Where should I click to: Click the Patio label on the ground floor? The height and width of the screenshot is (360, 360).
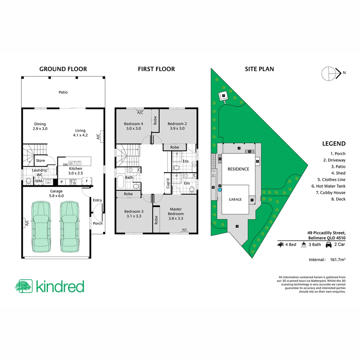coord(63,92)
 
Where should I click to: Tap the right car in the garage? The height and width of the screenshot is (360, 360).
coord(70,227)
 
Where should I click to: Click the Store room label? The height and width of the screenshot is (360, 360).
coord(40,161)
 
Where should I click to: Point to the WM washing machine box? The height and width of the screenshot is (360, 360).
coord(39,181)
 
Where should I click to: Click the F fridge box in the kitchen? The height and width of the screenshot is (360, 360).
coord(87,182)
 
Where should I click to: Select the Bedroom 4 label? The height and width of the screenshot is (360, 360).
coord(133,126)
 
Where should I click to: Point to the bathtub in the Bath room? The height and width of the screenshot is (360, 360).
coord(120,182)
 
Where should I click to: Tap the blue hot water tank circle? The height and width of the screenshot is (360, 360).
coord(220,190)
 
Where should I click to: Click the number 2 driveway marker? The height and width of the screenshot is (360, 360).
coord(237,227)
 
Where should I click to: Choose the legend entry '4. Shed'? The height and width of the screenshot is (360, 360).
coord(338,173)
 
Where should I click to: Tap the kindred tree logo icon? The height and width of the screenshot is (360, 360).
coord(23,286)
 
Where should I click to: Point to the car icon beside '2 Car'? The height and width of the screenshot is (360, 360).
coord(328,245)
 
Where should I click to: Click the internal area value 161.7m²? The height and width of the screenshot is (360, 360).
coord(337,259)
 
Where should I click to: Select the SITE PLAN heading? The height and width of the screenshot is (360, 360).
coord(259,69)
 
